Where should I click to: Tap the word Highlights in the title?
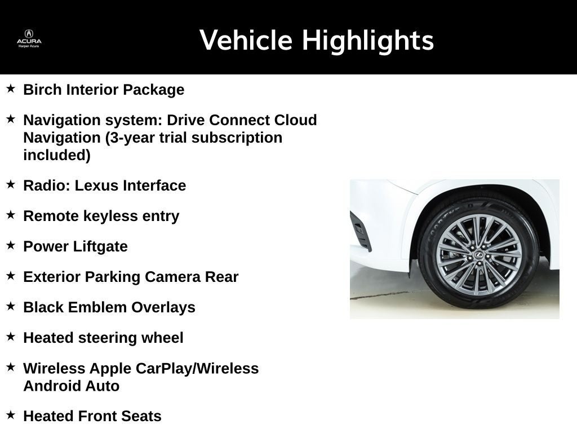click(367, 41)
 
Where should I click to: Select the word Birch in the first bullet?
click(43, 90)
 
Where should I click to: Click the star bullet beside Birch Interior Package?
click(11, 89)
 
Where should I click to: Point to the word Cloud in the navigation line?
click(295, 120)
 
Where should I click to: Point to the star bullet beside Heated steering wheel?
click(11, 337)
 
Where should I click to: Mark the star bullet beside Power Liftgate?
click(11, 245)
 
